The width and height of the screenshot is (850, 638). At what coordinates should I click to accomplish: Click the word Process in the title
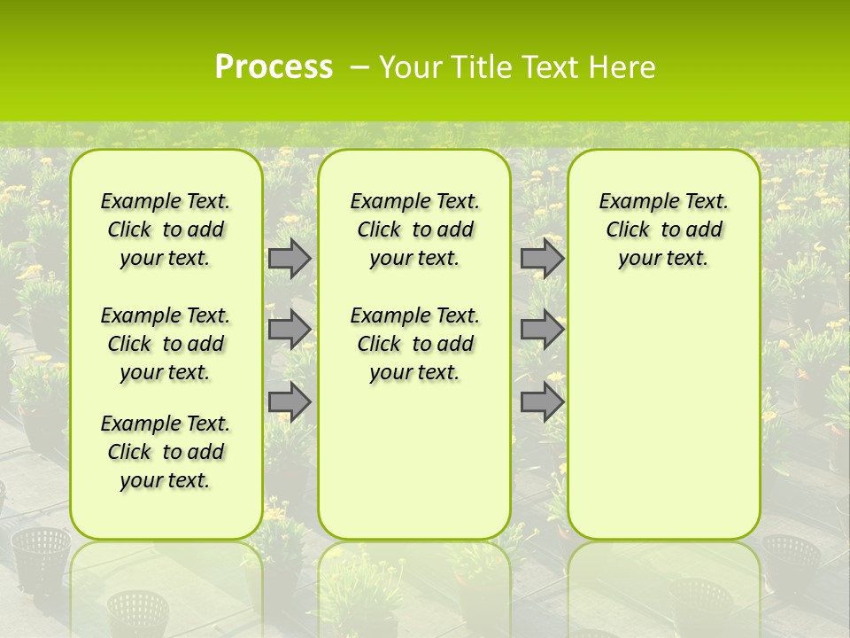tap(274, 67)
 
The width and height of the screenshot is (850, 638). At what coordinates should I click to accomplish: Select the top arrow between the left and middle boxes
tap(290, 258)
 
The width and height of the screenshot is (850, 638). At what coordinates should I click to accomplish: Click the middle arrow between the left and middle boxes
tap(290, 330)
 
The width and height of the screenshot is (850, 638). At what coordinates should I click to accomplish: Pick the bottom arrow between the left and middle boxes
tap(290, 401)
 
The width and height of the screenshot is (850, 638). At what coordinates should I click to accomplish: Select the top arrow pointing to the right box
tap(542, 258)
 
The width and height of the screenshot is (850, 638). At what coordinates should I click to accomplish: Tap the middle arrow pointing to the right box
tap(542, 330)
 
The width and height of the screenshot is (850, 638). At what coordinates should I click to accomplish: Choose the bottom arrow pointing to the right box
tap(542, 401)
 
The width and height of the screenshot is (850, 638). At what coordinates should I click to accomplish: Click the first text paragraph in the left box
tap(166, 230)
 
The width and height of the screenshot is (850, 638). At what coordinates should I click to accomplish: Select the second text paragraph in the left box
tap(166, 344)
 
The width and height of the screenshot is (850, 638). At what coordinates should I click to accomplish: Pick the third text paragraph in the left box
tap(166, 452)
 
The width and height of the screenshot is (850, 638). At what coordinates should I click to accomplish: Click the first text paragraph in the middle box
tap(414, 230)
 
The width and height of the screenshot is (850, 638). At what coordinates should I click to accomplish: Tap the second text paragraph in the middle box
tap(414, 344)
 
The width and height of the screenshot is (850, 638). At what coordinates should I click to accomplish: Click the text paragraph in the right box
tap(663, 230)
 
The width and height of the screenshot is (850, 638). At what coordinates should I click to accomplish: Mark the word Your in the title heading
tap(409, 67)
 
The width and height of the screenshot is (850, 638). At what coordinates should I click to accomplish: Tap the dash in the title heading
tap(359, 67)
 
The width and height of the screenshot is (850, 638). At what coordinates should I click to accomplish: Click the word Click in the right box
tap(628, 230)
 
